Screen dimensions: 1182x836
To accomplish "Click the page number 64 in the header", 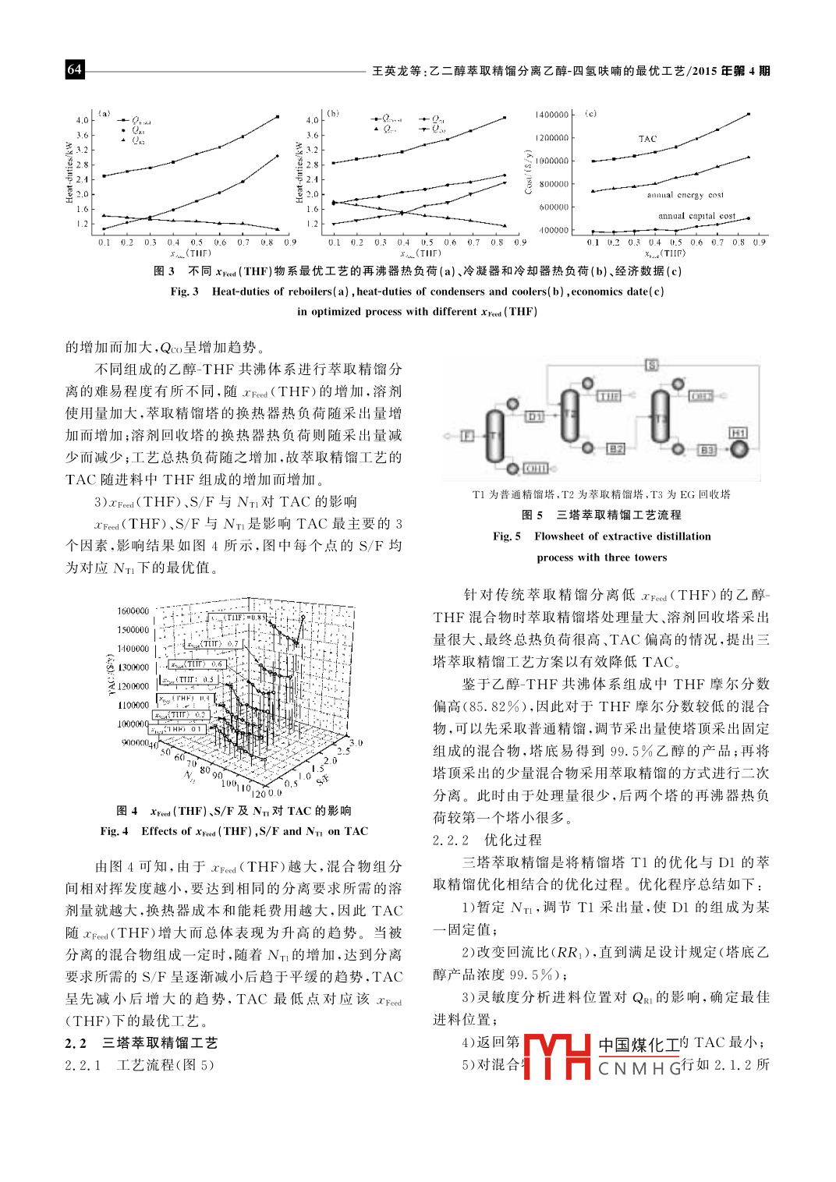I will (x=74, y=69).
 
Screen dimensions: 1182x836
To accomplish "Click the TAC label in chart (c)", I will (x=647, y=139).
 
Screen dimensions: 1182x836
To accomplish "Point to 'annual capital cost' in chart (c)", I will (x=696, y=216).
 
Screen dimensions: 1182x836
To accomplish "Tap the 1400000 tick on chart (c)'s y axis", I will (x=551, y=115).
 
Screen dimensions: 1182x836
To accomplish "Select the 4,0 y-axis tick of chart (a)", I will (x=82, y=120).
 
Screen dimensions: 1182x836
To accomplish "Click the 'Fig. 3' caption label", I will (x=184, y=292).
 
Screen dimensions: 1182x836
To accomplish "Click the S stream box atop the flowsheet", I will (x=652, y=365).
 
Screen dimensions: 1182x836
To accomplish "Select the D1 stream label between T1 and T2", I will (x=534, y=416).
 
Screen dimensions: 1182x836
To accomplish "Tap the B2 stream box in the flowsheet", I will (x=615, y=449).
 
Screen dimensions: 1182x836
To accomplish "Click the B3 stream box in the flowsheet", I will (x=707, y=450).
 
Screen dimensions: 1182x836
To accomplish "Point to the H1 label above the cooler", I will (x=738, y=433).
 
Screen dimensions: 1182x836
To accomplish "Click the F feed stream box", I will (x=467, y=435).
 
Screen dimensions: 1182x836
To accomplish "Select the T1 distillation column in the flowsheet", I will (x=494, y=436).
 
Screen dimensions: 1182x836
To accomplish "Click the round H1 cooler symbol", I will (x=739, y=449).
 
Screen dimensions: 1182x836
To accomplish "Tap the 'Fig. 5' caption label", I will (x=507, y=536).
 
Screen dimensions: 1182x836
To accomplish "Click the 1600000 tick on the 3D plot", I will (x=133, y=610).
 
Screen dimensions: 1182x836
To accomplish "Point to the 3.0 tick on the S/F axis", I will (x=356, y=743).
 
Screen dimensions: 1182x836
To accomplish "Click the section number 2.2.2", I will (x=451, y=840).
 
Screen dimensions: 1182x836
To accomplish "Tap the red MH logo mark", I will (x=556, y=1056).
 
